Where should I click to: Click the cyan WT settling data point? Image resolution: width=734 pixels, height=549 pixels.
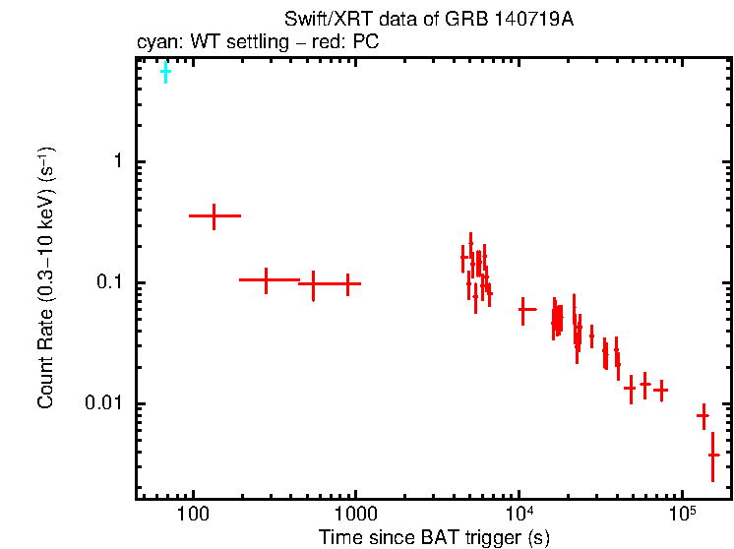tap(165, 72)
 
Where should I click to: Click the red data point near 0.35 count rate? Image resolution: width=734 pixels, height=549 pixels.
tap(214, 215)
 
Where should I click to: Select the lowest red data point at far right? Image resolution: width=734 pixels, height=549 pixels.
tap(713, 455)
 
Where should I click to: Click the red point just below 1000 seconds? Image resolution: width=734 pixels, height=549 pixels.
tap(347, 283)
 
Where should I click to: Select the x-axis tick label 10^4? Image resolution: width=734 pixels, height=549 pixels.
tap(519, 515)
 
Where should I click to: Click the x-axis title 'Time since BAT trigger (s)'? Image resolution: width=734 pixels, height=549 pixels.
tap(434, 537)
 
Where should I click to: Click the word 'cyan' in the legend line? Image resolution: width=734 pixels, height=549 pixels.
tap(154, 43)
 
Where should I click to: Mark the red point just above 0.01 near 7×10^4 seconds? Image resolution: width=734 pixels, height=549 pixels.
tap(660, 391)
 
